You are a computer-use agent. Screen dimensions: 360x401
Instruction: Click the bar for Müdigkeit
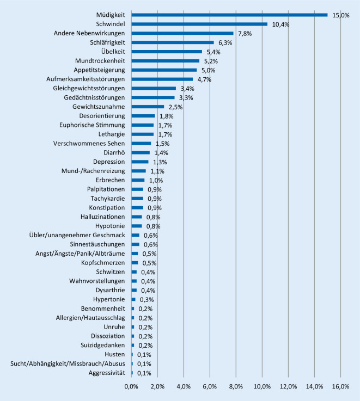(x=229, y=15)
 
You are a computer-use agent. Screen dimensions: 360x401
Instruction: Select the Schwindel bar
(x=199, y=24)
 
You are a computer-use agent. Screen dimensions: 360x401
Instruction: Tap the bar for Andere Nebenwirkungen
(x=182, y=33)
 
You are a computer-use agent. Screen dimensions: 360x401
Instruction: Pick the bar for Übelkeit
(x=167, y=52)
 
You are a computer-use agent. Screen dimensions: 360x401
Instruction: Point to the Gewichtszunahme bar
(x=148, y=107)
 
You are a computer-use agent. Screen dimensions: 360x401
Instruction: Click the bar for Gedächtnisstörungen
(x=153, y=97)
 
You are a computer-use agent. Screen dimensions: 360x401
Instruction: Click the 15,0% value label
(x=341, y=15)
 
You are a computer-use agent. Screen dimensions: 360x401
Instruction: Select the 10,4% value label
(x=280, y=24)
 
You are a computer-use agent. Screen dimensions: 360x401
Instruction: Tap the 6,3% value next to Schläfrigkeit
(x=225, y=42)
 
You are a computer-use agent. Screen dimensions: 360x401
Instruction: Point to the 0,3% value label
(x=147, y=299)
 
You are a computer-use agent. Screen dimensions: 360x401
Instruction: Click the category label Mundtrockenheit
(x=100, y=61)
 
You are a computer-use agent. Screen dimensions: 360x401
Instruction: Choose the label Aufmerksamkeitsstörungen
(x=86, y=79)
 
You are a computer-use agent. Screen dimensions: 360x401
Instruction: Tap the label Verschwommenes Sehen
(x=89, y=144)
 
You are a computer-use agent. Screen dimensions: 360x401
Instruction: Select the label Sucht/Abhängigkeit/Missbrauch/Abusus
(x=68, y=363)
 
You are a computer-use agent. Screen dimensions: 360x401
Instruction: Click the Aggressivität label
(x=107, y=373)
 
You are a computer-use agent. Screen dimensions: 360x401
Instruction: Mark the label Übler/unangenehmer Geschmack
(x=77, y=235)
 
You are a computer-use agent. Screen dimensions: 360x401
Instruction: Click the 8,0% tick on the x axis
(x=236, y=386)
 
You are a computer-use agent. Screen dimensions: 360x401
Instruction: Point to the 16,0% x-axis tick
(x=340, y=386)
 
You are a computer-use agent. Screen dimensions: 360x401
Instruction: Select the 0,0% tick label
(x=131, y=386)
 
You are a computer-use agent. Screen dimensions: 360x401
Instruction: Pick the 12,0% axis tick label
(x=288, y=386)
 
